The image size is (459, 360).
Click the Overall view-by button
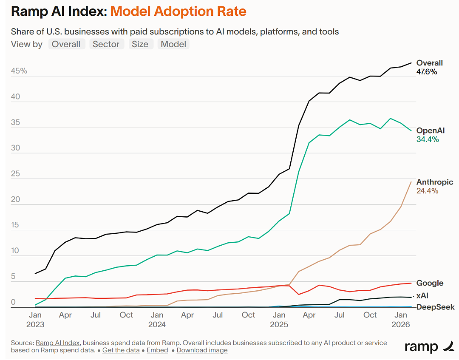(66, 44)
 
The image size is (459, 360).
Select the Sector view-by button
(106, 44)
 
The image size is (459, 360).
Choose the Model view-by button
(173, 44)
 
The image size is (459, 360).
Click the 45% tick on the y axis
(19, 71)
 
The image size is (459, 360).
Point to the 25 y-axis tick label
(16, 173)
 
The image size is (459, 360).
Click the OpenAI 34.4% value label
(428, 139)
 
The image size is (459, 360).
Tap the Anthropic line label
(435, 182)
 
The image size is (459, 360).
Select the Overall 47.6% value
(427, 72)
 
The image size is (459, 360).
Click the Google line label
(430, 283)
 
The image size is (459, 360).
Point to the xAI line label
(422, 296)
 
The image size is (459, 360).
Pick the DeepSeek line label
(436, 307)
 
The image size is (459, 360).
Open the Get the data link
(121, 350)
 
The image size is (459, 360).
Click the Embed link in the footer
(158, 350)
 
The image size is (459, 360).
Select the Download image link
(202, 350)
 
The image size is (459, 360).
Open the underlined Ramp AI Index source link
(58, 343)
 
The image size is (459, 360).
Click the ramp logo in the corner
(429, 346)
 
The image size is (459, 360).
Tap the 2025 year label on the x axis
(279, 325)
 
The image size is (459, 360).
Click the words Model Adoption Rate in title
(178, 11)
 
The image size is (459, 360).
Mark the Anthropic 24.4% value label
(428, 191)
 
